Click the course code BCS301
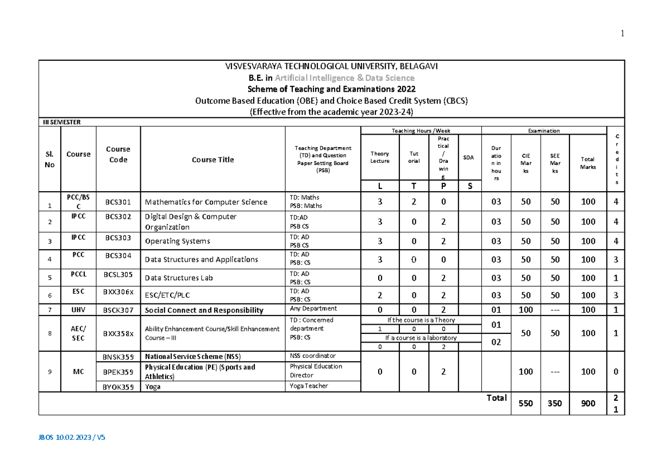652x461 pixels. tap(118, 202)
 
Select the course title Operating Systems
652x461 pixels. tap(177, 241)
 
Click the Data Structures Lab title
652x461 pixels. tap(179, 278)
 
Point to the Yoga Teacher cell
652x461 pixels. tap(309, 386)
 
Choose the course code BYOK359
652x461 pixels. tap(118, 387)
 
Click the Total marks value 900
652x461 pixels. tap(588, 404)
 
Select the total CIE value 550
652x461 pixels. tap(526, 404)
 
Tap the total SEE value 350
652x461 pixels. tap(555, 404)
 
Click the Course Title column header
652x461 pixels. tap(212, 160)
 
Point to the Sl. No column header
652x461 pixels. tap(50, 160)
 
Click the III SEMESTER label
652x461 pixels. tap(62, 122)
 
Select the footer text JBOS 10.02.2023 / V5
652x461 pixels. tap(72, 437)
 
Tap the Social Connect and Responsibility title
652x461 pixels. tap(204, 311)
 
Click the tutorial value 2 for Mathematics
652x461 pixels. tap(413, 202)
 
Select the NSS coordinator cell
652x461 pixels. tap(313, 356)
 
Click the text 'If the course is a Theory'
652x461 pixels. tap(421, 320)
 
